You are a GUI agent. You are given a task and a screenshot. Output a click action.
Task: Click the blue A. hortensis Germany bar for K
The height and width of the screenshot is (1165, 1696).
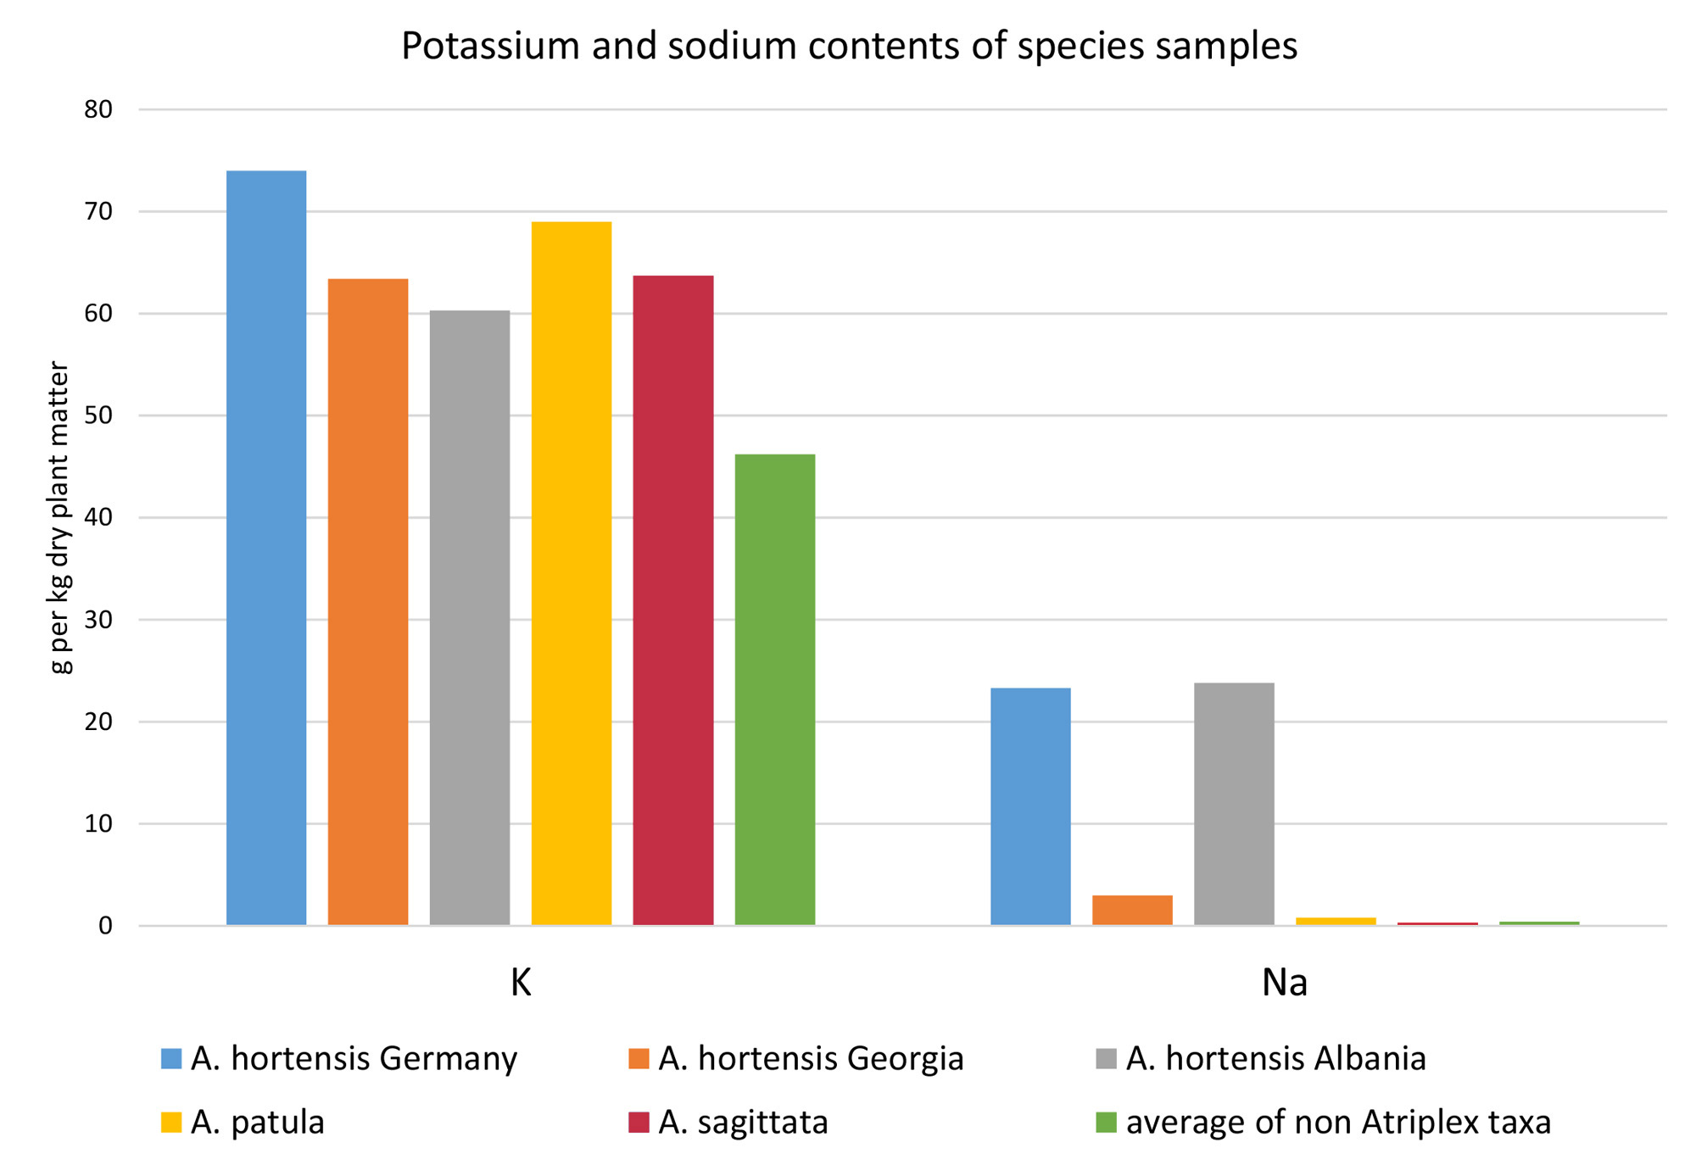coord(266,547)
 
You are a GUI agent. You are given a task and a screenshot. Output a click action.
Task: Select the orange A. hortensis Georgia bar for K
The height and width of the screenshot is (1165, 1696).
coord(368,601)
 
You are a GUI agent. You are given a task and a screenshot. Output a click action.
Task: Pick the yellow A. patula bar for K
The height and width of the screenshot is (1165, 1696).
coord(572,572)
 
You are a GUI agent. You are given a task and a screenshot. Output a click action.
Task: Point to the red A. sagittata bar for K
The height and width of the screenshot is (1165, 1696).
coord(673,599)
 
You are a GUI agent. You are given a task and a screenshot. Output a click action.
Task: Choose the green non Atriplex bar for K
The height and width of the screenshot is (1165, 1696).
coord(775,688)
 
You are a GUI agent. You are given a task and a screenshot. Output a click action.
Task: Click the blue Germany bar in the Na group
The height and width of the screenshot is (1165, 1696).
coord(1030,805)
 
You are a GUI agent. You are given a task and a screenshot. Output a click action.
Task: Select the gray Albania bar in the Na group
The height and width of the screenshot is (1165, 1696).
coord(1234,803)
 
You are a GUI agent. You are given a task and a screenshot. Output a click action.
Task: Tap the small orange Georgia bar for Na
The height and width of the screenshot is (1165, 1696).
coord(1132,910)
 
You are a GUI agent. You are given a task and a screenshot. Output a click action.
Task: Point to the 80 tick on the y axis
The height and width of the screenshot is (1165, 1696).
coord(98,109)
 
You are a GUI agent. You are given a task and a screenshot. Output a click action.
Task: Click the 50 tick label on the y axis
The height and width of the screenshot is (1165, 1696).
coord(98,415)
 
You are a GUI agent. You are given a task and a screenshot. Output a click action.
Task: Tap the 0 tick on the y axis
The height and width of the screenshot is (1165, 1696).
coord(105,926)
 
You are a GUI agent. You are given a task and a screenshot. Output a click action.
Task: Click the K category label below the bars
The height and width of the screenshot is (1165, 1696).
coord(521,982)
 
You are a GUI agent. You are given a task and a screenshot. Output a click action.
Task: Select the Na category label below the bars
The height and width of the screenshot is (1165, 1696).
coord(1284,982)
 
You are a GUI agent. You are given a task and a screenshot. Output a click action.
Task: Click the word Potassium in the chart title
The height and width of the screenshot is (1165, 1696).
coord(491,46)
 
